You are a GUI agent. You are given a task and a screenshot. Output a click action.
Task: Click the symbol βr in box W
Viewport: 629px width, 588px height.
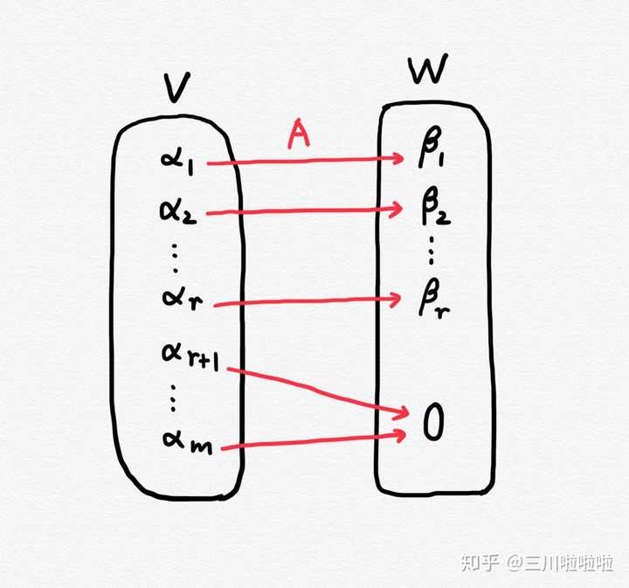tap(433, 301)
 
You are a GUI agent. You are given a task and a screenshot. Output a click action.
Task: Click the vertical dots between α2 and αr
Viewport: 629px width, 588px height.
tap(175, 255)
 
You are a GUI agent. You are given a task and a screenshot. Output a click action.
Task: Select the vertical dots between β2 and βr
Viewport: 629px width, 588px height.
tap(433, 252)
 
